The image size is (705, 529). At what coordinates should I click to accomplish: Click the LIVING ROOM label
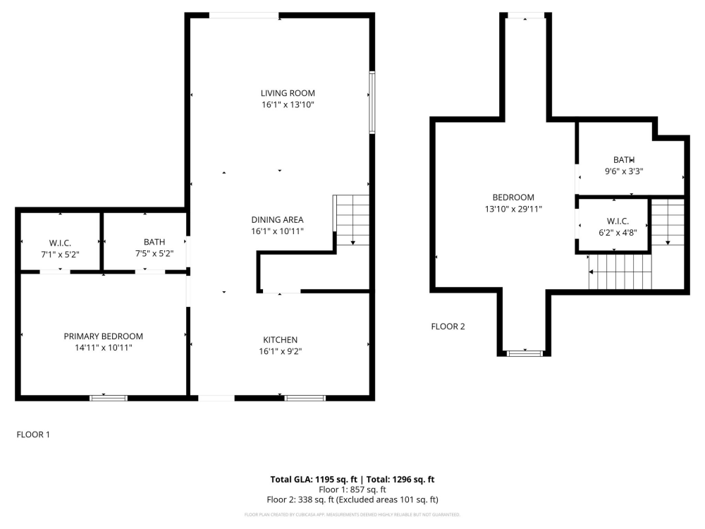tap(288, 93)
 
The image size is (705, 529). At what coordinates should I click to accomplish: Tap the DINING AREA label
tap(277, 219)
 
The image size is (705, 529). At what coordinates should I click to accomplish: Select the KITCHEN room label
tap(280, 340)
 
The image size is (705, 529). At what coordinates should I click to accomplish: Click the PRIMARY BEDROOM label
tap(104, 336)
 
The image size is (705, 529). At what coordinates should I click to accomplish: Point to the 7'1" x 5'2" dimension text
tap(59, 253)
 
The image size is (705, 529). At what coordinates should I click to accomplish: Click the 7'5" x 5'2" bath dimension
tap(154, 253)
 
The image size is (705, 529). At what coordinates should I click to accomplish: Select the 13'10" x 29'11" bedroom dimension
tap(513, 209)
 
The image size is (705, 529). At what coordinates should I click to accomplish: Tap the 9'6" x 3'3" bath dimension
tap(624, 171)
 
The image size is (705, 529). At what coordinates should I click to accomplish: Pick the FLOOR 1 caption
tap(33, 435)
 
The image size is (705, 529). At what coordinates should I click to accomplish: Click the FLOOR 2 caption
tap(448, 327)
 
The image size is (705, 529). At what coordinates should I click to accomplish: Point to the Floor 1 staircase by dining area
tap(351, 220)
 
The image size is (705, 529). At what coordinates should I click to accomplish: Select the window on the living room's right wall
tap(372, 102)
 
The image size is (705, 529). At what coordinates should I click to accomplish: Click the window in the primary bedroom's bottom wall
tap(109, 398)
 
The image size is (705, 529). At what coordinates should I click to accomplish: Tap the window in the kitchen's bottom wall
tap(305, 398)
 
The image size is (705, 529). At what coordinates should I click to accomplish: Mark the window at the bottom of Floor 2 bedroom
tap(525, 353)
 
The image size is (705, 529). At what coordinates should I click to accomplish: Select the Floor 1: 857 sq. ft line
tap(352, 490)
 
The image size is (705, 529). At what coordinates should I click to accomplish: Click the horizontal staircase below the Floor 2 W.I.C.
tap(620, 272)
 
